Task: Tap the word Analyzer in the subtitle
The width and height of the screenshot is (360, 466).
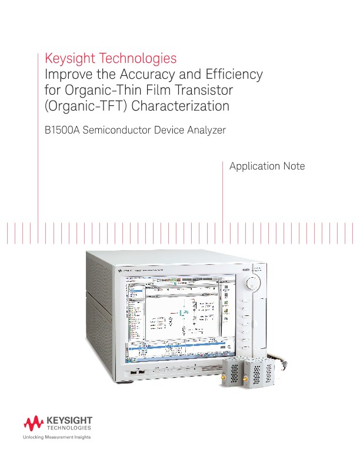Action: tap(204, 131)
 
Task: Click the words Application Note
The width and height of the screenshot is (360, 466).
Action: tap(267, 167)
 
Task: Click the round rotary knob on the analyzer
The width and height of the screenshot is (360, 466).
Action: tap(251, 284)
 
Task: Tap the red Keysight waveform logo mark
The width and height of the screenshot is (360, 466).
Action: tap(34, 422)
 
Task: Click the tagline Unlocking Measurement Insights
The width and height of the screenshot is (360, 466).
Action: tap(52, 439)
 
